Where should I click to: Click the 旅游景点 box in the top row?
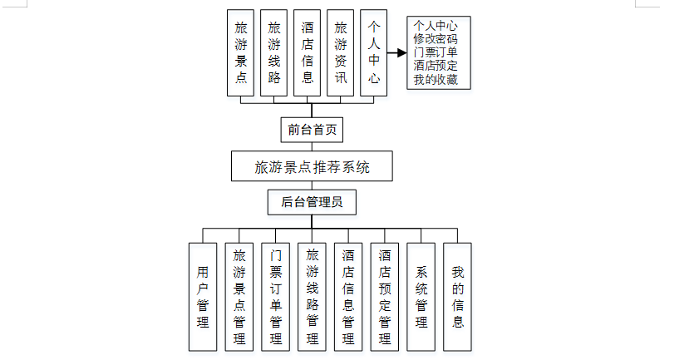coord(241,53)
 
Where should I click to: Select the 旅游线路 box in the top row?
coord(274,53)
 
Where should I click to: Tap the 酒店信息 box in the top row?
coord(308,53)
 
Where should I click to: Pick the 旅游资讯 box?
coord(341,53)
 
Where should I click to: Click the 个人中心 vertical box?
coord(374,53)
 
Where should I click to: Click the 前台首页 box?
coord(311,129)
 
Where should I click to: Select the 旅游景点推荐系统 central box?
coord(311,166)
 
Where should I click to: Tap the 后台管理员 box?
coord(311,201)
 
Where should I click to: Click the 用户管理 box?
coord(202,296)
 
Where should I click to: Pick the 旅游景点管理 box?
coord(239,296)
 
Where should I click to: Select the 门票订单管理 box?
coord(275,296)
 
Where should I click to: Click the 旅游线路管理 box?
coord(312,296)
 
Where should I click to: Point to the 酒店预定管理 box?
coord(384,296)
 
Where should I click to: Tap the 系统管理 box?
coord(421,296)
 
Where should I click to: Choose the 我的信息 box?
coord(457,296)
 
